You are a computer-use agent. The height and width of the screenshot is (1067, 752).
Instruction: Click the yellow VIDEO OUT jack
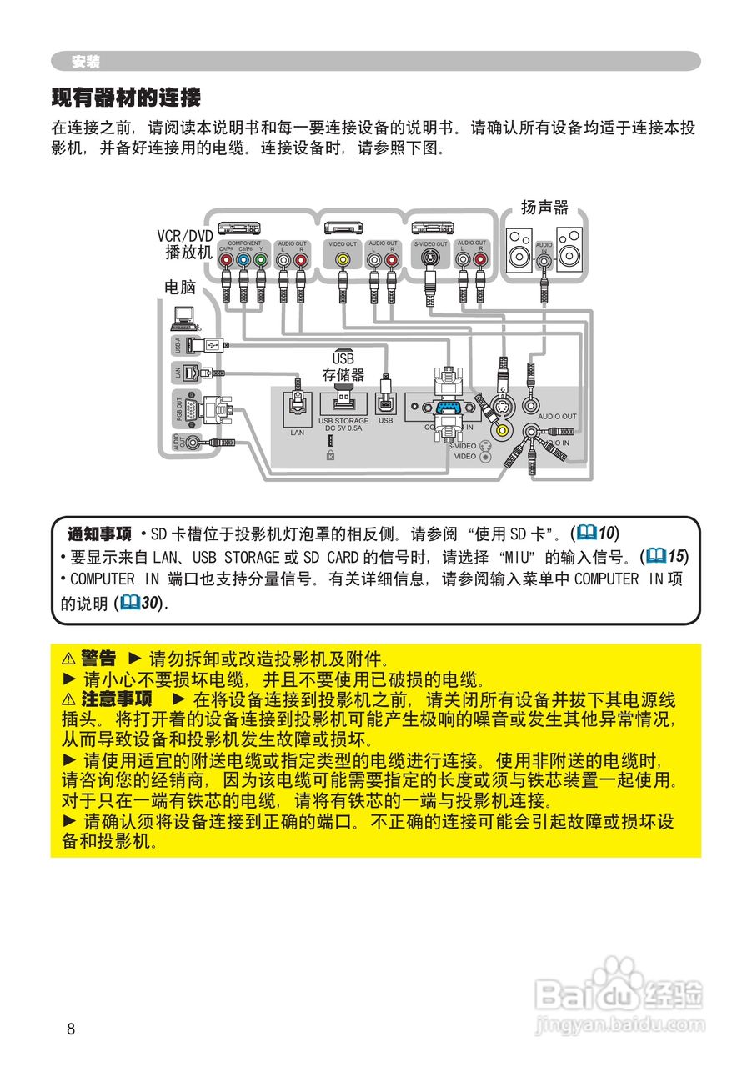point(342,260)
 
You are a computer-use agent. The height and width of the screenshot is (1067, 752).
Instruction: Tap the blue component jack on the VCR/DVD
point(243,260)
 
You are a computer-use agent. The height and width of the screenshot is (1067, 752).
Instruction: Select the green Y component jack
point(261,260)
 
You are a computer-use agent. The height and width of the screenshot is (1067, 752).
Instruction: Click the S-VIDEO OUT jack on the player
point(430,260)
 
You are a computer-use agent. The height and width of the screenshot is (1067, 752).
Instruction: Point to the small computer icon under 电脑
point(184,316)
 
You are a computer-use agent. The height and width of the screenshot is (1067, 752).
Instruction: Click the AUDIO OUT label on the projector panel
point(557,416)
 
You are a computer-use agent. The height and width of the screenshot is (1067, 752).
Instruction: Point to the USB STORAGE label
point(343,422)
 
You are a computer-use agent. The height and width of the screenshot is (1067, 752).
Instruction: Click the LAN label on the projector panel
point(298,433)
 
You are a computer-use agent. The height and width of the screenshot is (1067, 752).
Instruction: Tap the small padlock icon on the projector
point(331,455)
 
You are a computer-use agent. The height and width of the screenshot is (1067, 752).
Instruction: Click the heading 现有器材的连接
point(126,98)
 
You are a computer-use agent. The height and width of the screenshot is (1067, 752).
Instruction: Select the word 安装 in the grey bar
point(86,62)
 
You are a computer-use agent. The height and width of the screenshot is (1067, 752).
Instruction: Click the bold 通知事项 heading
point(99,533)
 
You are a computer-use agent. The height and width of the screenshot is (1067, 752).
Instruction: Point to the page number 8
point(71,1029)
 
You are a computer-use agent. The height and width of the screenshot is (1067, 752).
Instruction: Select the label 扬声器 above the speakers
point(544,207)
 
